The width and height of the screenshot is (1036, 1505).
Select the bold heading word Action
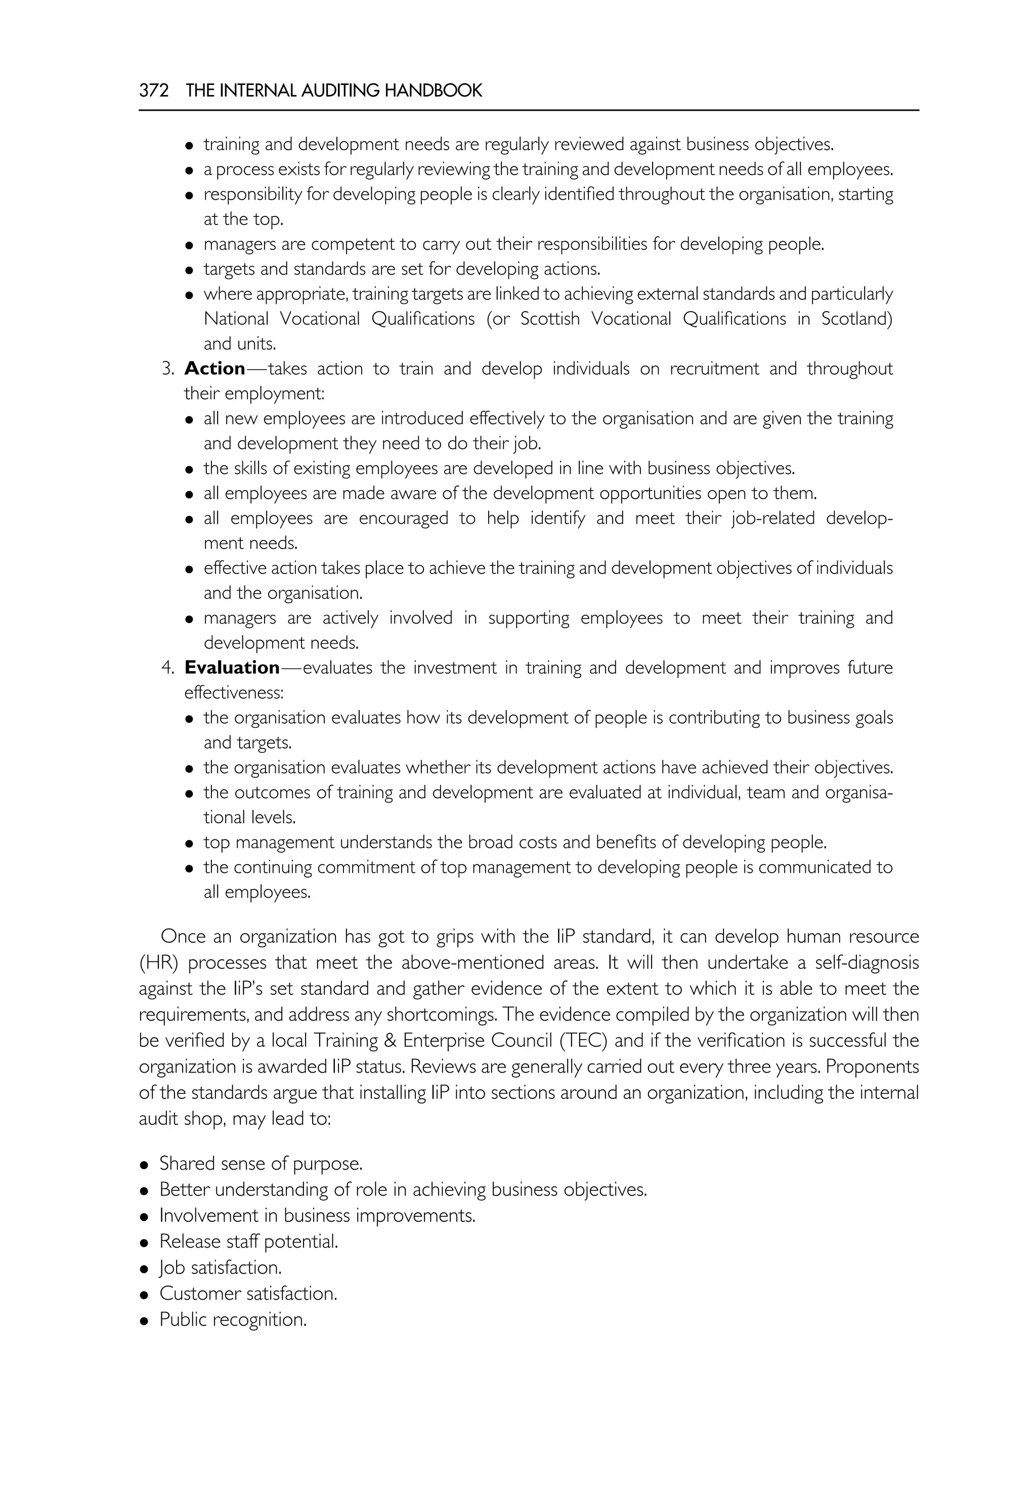coord(215,369)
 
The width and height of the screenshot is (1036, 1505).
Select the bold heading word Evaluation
coord(232,668)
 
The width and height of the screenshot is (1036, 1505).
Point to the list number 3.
coord(167,369)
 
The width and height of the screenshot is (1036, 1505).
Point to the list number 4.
coord(167,668)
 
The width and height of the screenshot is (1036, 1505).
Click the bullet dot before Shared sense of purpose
coord(145,1164)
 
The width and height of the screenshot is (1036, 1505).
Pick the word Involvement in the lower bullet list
coord(208,1216)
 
